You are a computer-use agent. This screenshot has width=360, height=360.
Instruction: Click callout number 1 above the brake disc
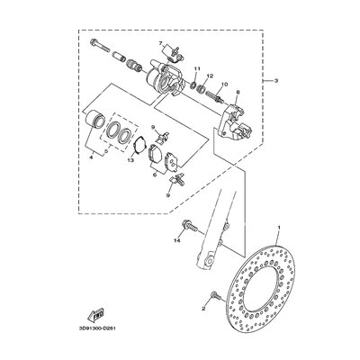point(279,228)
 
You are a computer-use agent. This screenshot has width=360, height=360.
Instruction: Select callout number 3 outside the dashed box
point(276,81)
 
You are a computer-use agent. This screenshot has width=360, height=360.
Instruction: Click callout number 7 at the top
point(160,43)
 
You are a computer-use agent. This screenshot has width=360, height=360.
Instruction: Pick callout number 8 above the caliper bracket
point(238,93)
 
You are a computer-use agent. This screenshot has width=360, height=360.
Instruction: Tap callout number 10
point(222,85)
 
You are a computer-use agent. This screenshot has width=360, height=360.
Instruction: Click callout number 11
point(196,69)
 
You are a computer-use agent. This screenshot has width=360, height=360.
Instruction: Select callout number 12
point(210,76)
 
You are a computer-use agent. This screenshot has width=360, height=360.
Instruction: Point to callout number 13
point(130,160)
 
